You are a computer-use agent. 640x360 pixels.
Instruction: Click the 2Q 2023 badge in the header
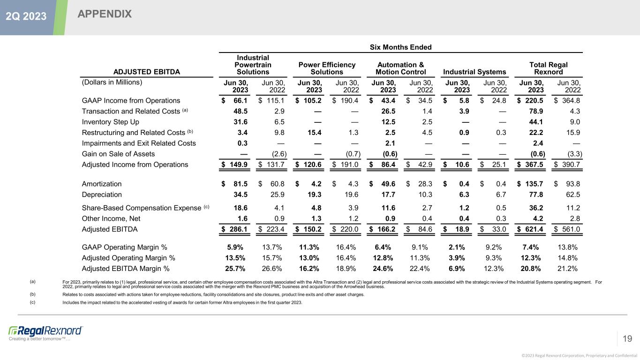[x=26, y=16]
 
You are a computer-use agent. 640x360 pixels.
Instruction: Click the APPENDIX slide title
[x=105, y=15]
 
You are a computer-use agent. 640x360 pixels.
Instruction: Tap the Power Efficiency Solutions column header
[x=327, y=68]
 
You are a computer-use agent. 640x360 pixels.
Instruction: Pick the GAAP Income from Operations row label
[x=131, y=100]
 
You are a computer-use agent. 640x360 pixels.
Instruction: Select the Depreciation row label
[x=102, y=194]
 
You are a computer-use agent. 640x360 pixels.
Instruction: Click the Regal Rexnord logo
[x=45, y=330]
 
